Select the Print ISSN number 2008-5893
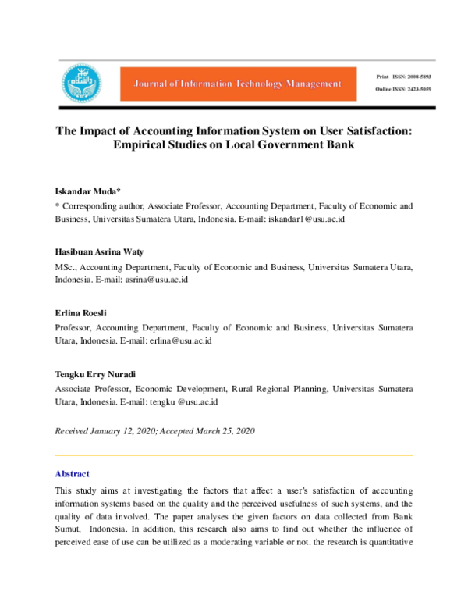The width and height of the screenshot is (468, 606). click(x=415, y=77)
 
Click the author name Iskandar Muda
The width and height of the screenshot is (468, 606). click(x=86, y=191)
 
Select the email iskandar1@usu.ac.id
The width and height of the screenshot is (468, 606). click(x=306, y=219)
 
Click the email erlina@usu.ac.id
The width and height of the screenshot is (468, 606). click(x=180, y=340)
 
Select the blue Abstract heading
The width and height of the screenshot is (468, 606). click(x=72, y=473)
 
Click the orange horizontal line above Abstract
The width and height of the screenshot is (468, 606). click(x=233, y=454)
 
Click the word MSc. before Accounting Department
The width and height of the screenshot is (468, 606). click(x=67, y=266)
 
